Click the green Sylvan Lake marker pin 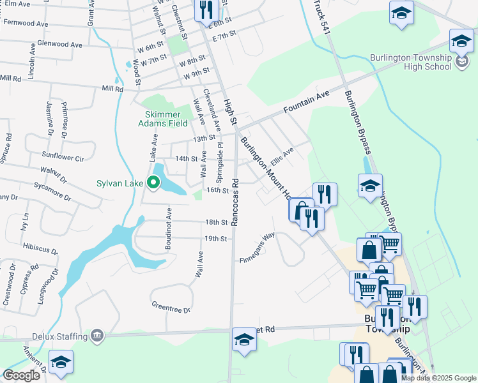pyautogui.click(x=153, y=183)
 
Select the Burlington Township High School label pyautogui.click(x=410, y=62)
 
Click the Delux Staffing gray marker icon pyautogui.click(x=97, y=335)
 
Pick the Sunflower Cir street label pyautogui.click(x=63, y=156)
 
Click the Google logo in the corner pyautogui.click(x=21, y=375)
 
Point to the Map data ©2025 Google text pyautogui.click(x=438, y=378)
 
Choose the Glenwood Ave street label pyautogui.click(x=61, y=45)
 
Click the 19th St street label pyautogui.click(x=216, y=239)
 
